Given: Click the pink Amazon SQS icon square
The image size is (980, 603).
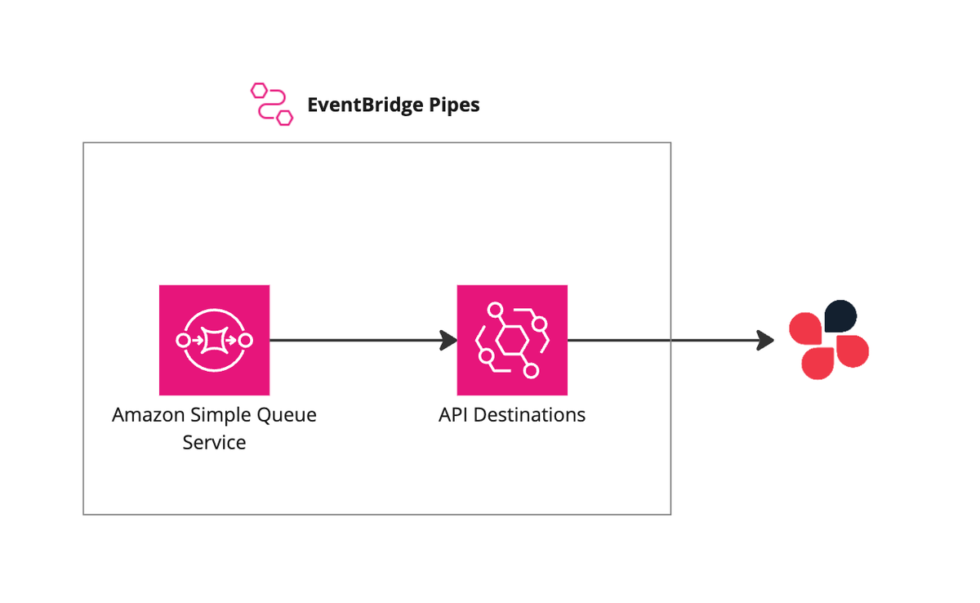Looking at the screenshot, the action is click(214, 340).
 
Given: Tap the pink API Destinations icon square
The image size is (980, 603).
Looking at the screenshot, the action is click(512, 340).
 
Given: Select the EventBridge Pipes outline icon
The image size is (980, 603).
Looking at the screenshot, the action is click(272, 104).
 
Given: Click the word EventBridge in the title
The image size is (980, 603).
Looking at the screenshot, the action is click(365, 105).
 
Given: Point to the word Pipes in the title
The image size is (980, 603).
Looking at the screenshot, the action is click(454, 105).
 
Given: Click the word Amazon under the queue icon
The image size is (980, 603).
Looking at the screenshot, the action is click(149, 415).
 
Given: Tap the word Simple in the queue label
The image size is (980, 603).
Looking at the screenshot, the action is click(220, 415).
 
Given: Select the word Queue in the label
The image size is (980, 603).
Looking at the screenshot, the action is click(287, 415).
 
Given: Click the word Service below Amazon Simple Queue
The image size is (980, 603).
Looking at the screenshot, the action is click(214, 442).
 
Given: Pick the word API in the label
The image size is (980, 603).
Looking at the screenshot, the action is click(453, 415).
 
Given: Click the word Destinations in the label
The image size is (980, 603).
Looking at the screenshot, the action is click(529, 415).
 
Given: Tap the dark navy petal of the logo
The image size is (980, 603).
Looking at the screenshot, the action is click(840, 316).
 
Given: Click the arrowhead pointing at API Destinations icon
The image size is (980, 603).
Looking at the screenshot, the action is click(449, 340).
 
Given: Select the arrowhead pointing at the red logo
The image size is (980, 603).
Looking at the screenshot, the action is click(765, 340).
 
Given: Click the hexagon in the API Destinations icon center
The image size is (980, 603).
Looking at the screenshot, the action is click(512, 340).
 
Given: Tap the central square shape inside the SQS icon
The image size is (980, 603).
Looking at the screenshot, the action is click(214, 340).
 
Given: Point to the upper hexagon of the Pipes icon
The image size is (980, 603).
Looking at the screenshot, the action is click(259, 91).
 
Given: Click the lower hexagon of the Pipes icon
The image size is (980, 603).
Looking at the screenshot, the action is click(285, 118).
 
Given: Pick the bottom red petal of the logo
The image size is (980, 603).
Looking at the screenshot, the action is click(817, 364).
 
